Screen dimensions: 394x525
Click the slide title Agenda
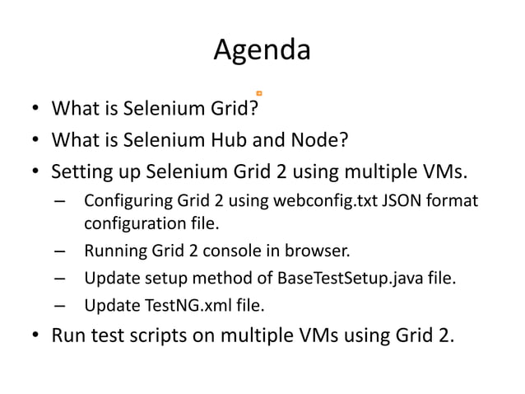[x=262, y=51]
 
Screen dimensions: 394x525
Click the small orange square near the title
[x=259, y=94]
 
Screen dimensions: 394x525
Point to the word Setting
[x=79, y=172]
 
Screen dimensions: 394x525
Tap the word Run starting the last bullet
[x=67, y=336]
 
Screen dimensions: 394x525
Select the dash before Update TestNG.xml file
[x=59, y=307]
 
